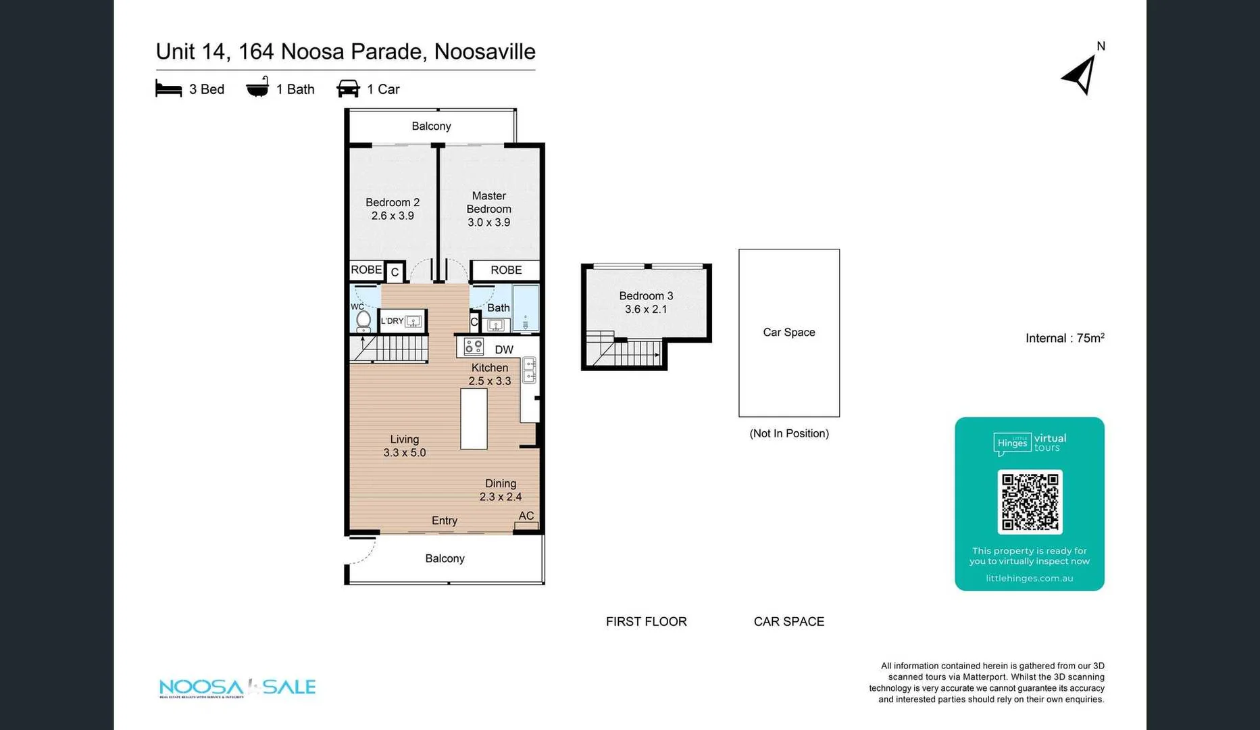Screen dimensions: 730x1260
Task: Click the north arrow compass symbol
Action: (x=1080, y=74)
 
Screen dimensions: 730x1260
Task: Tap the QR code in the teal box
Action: (x=1029, y=502)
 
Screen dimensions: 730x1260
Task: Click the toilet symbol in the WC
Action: (x=363, y=320)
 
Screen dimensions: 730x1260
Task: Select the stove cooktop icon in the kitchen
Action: (x=474, y=347)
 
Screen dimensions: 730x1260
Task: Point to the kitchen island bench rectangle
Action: (x=474, y=418)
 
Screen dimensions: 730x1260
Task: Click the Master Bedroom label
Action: (x=488, y=202)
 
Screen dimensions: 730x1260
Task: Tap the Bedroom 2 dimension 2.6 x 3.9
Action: (x=393, y=216)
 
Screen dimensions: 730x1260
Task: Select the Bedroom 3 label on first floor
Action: (x=646, y=296)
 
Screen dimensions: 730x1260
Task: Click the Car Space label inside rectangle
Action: (x=788, y=333)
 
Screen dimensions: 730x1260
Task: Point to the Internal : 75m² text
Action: (x=1064, y=338)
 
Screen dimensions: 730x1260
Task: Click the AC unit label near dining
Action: (x=526, y=516)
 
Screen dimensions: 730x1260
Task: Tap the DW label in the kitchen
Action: (x=504, y=349)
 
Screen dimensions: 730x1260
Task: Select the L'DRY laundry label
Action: (x=392, y=321)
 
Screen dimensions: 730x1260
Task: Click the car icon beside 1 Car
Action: (x=348, y=89)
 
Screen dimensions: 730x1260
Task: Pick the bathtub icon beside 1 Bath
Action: (x=257, y=88)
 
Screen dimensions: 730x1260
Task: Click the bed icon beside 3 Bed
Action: (x=168, y=89)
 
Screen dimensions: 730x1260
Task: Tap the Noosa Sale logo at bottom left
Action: (x=237, y=687)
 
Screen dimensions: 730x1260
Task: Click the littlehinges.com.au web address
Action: (x=1029, y=579)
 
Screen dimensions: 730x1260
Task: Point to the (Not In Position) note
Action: (x=788, y=434)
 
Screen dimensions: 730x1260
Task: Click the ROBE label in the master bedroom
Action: (x=506, y=270)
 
